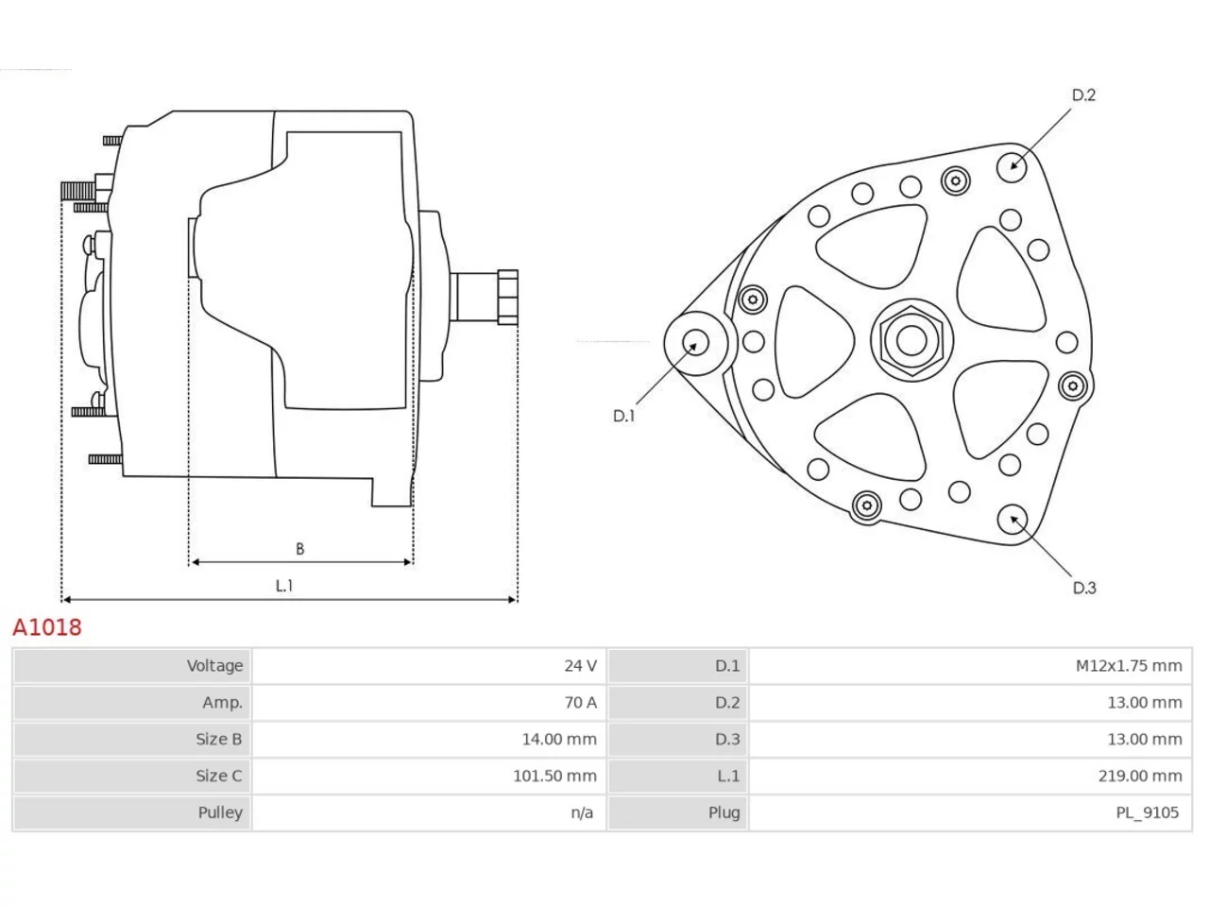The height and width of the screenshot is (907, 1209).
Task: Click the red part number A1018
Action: pos(47,627)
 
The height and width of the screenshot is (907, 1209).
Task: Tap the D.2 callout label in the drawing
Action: pos(1083,95)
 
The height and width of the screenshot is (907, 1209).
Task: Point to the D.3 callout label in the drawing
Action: pos(1084,588)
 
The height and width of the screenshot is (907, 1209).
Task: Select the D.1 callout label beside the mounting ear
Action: pos(623,416)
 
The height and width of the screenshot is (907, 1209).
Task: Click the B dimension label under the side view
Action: pos(299,549)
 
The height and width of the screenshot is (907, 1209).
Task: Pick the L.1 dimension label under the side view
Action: pos(284,586)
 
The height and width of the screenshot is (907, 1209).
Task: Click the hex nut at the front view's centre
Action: pos(911,340)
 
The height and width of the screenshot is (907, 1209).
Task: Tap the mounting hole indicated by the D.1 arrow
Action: pos(695,343)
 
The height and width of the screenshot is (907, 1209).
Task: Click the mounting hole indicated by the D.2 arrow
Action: pos(1012,167)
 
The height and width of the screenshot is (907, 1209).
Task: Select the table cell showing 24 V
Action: pos(580,666)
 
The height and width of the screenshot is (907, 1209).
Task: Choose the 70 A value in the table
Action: pos(580,702)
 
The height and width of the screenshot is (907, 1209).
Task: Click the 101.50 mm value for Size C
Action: pos(554,776)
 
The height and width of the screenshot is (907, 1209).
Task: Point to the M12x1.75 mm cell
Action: pos(1129,666)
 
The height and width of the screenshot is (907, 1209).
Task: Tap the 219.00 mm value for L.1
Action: pos(1140,776)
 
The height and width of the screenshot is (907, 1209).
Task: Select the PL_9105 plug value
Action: pos(1148,813)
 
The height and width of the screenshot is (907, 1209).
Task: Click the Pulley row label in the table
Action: pos(220,813)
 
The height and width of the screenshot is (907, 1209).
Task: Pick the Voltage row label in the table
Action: pos(214,666)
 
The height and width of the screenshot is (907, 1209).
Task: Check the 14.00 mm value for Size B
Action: pos(559,739)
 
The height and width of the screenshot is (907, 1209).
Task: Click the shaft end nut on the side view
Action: pos(507,297)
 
